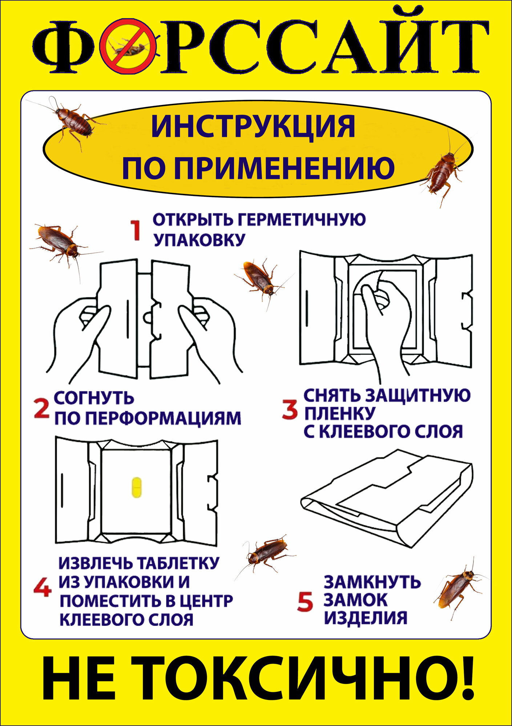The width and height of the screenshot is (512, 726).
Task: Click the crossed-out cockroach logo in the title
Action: tap(129, 46)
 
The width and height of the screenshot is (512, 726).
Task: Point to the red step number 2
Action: tap(41, 408)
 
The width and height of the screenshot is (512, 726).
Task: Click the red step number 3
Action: tap(290, 410)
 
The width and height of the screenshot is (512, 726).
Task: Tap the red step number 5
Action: tap(305, 601)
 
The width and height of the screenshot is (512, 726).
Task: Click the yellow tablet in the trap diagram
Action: tap(137, 487)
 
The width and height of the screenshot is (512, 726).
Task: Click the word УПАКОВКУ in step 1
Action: tap(199, 240)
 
